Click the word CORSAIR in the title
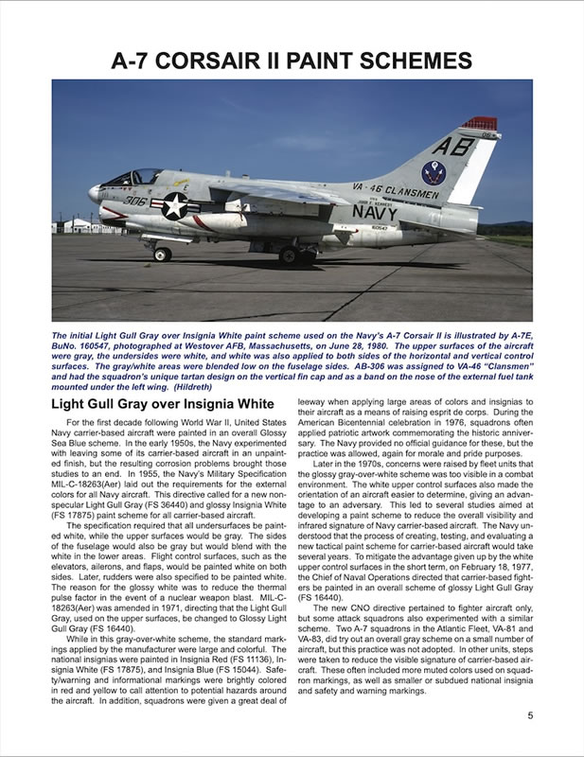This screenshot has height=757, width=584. [243, 62]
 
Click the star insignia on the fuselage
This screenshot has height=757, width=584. [175, 206]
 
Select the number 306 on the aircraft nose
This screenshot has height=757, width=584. [134, 201]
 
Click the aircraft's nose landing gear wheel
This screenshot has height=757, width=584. [162, 254]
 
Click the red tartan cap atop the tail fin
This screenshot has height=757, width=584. [478, 123]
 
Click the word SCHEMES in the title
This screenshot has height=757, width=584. [401, 62]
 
